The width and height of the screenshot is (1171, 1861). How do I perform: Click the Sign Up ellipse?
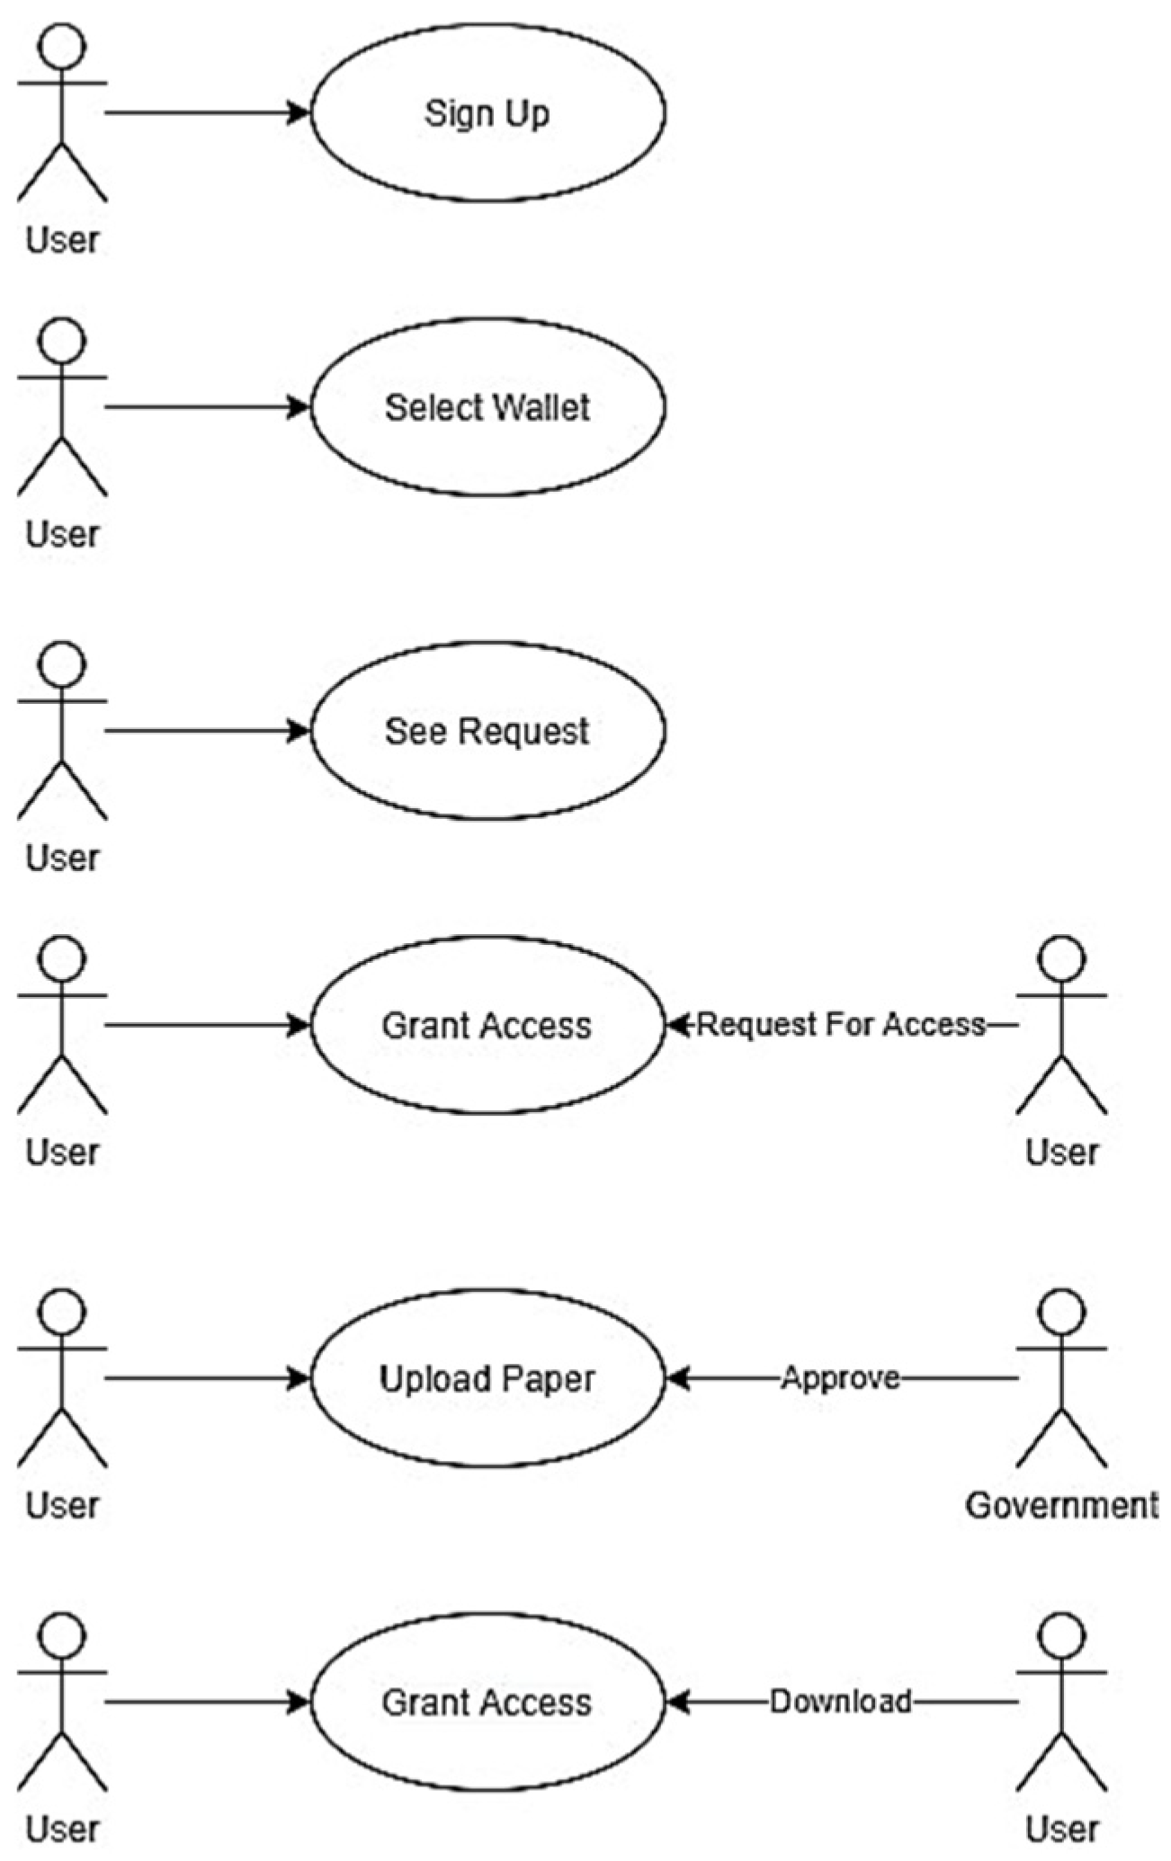[x=487, y=112]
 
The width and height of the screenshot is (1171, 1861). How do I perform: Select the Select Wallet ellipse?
[x=487, y=407]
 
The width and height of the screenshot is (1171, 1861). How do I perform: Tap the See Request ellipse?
[x=487, y=730]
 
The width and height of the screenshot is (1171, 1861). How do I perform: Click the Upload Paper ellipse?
[x=487, y=1378]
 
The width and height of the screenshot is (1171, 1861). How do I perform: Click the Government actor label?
[x=1061, y=1504]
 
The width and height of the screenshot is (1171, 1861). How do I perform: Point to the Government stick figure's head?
[x=1061, y=1312]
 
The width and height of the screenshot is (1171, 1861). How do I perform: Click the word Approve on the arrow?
[x=840, y=1377]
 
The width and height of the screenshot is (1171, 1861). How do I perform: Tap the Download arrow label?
[x=840, y=1701]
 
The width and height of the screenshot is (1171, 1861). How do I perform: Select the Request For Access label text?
[x=841, y=1024]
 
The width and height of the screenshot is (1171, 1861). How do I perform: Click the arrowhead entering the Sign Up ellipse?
[x=299, y=112]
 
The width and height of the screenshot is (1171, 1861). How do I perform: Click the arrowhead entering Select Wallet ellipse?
[x=299, y=407]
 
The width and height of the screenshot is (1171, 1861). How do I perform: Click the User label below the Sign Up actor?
[x=62, y=240]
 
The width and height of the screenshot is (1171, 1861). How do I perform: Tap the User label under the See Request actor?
[x=62, y=858]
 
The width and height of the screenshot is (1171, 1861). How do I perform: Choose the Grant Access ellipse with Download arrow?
[x=487, y=1702]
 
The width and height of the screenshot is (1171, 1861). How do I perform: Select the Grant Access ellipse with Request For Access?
[x=487, y=1025]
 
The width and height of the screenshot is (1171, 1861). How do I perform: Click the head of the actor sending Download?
[x=1061, y=1635]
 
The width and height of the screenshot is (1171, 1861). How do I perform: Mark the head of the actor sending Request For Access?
[x=1061, y=958]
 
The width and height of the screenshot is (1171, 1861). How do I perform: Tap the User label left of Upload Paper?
[x=62, y=1504]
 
